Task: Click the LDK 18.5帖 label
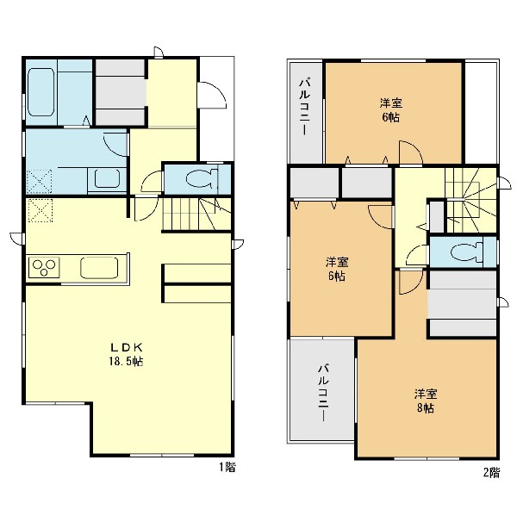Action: tap(127, 354)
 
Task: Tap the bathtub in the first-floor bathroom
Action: tap(40, 92)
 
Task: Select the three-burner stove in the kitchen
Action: tap(44, 267)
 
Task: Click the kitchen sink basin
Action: tap(99, 267)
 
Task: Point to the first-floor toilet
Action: tap(202, 178)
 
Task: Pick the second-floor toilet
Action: tap(466, 252)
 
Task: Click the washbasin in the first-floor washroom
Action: tap(107, 179)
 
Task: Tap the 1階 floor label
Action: tap(227, 467)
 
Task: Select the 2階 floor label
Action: tap(492, 473)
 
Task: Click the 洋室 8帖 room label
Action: tap(426, 401)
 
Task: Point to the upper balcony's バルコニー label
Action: tap(304, 107)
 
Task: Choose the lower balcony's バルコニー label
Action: tap(323, 392)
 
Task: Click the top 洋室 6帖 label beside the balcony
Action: tap(391, 110)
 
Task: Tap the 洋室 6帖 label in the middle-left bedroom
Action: tap(337, 269)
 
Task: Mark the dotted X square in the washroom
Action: tap(40, 181)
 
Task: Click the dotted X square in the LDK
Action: tap(40, 210)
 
